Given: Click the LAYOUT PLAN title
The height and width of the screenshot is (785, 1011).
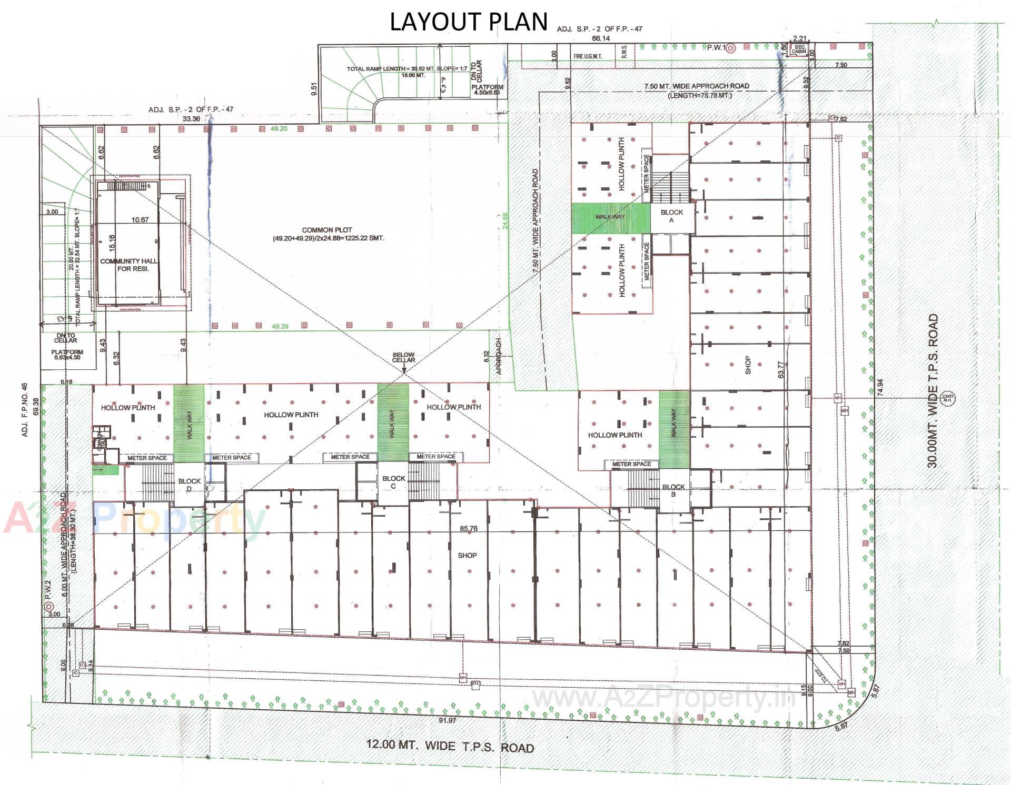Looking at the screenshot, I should (468, 22).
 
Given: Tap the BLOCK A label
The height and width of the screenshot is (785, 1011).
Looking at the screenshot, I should (671, 216).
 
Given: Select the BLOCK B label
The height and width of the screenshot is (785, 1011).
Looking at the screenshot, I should (673, 490).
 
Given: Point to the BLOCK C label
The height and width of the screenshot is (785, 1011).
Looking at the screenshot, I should (393, 482).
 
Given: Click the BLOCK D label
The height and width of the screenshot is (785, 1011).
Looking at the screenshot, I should (189, 485).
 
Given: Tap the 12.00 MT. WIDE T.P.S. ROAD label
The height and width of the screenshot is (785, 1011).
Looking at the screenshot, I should (450, 746).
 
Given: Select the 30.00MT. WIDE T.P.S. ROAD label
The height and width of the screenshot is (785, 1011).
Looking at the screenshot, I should (933, 390).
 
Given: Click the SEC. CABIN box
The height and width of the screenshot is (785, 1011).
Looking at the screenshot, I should (799, 50).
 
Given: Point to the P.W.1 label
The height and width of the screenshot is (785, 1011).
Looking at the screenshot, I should (715, 48).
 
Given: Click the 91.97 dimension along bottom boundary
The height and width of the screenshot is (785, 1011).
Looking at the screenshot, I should (447, 720).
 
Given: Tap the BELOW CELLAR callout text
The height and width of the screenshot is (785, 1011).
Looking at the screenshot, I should (403, 357).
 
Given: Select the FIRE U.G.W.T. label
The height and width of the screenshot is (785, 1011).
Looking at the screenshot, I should (588, 56).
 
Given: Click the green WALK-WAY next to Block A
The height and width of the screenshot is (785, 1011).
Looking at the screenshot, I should (610, 218).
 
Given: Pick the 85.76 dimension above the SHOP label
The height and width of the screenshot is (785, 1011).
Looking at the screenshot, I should (468, 528).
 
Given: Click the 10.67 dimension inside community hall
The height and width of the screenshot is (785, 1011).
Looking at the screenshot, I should (140, 220).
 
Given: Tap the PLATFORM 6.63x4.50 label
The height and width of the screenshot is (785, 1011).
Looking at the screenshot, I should (67, 355).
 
